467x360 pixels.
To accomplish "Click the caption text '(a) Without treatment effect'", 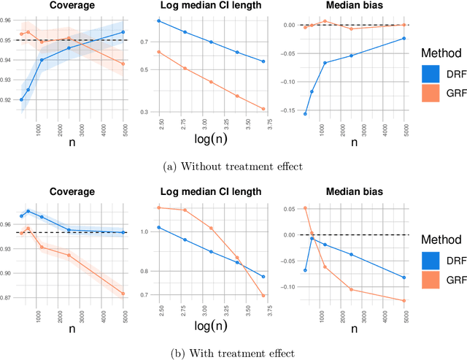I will pos(233,166).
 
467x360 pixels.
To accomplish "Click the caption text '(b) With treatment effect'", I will pos(233,353).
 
